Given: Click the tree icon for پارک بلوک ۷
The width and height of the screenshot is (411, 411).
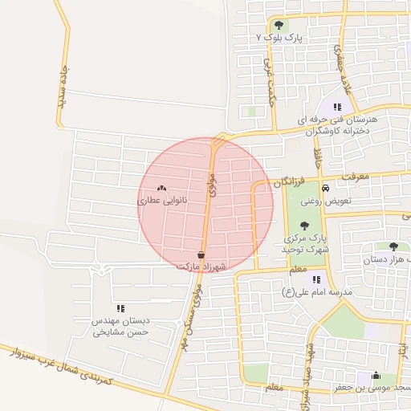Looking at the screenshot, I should click(x=279, y=25).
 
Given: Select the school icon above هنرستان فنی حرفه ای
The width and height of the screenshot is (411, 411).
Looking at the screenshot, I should click(x=337, y=106).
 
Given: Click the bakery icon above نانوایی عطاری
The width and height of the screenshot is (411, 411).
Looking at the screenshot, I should click(x=162, y=189).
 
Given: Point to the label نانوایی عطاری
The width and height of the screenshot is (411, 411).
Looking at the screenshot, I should click(x=163, y=201).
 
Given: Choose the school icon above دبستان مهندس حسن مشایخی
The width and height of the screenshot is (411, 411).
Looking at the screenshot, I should click(x=120, y=307).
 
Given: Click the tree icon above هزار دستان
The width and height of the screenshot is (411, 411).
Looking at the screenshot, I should click(x=393, y=246).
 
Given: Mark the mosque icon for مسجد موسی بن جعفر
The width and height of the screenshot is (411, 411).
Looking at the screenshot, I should click(x=376, y=375).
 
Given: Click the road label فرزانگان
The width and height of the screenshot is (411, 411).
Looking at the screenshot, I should click(x=290, y=183).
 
